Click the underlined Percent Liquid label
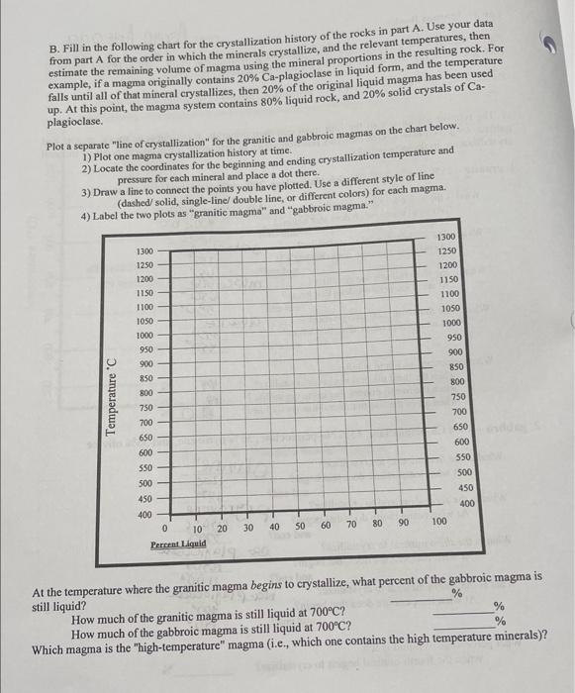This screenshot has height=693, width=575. click(x=178, y=544)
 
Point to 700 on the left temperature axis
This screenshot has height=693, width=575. click(x=144, y=422)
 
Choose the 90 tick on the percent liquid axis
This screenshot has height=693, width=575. click(x=402, y=525)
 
